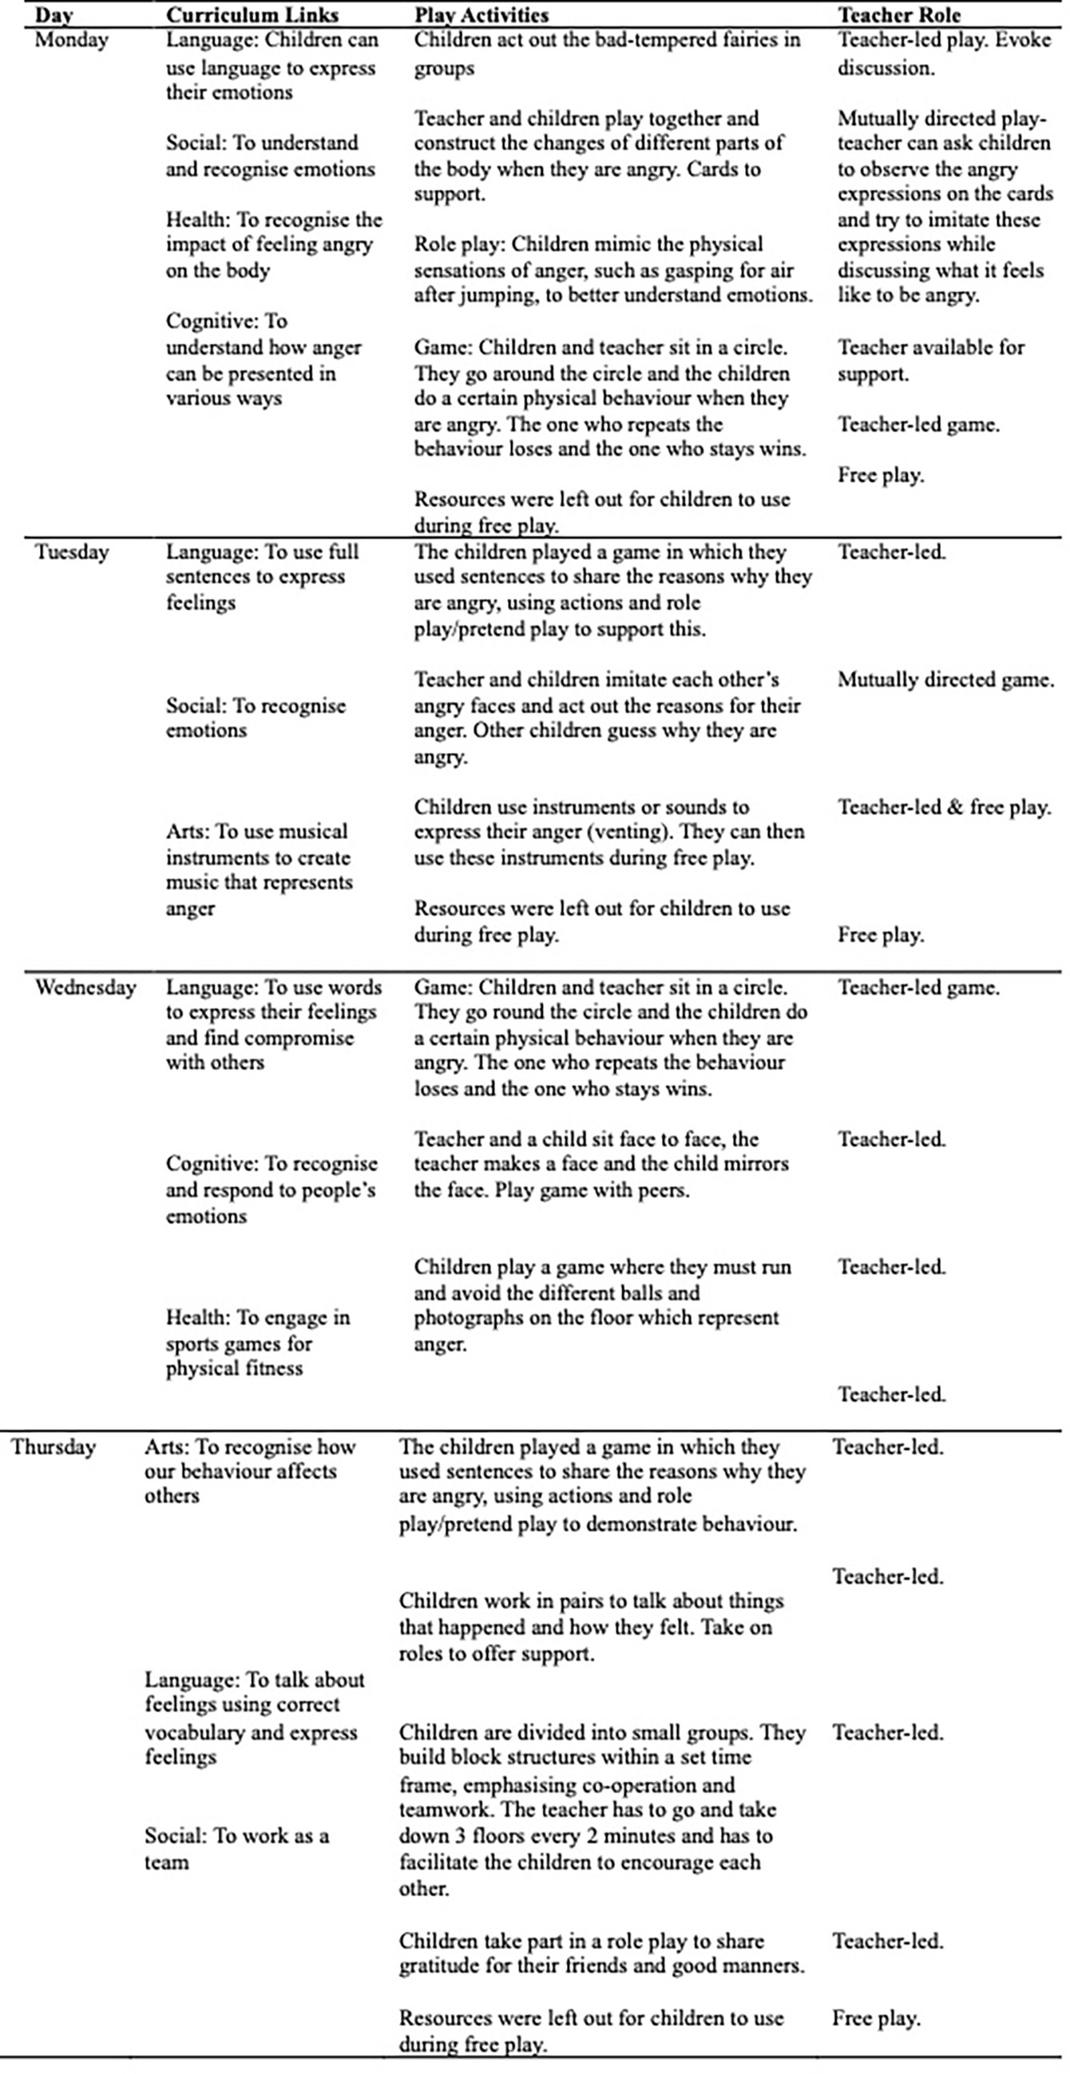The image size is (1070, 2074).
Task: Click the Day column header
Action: pyautogui.click(x=53, y=14)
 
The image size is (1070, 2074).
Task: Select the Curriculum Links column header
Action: pyautogui.click(x=252, y=14)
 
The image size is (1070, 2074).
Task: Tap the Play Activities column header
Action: pyautogui.click(x=481, y=14)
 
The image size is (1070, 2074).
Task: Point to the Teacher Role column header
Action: pyautogui.click(x=898, y=14)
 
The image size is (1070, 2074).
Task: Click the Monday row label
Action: pyautogui.click(x=71, y=40)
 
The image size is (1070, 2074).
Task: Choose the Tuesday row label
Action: pyautogui.click(x=71, y=552)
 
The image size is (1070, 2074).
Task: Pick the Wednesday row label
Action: pyautogui.click(x=85, y=987)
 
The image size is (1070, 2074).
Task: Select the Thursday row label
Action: pyautogui.click(x=53, y=1447)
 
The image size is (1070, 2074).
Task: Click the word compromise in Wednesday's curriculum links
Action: pyautogui.click(x=300, y=1038)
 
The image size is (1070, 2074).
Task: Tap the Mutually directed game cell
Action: pyautogui.click(x=945, y=680)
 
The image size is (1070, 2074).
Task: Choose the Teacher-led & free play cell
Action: pyautogui.click(x=944, y=808)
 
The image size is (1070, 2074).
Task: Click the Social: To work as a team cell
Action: pyautogui.click(x=236, y=1849)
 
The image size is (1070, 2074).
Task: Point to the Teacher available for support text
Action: pyautogui.click(x=930, y=360)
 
